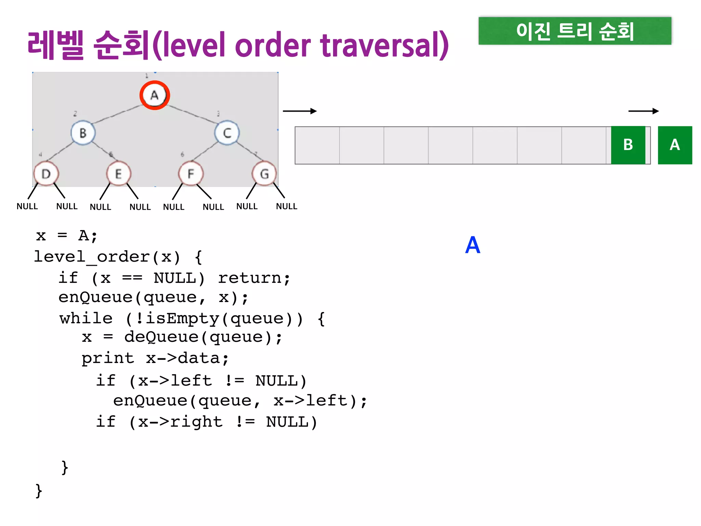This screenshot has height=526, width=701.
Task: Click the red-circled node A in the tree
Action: pos(155,95)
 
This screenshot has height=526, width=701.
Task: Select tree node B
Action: pos(83,133)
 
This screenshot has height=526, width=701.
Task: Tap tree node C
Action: pos(227,133)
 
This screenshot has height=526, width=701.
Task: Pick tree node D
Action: pos(46,174)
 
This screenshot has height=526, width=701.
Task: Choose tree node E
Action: pos(118,174)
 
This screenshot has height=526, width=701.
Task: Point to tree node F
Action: pos(191,174)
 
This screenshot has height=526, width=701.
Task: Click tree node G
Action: pos(264,174)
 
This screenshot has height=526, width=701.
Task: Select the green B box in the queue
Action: pos(628,145)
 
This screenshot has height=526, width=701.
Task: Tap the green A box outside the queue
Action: pos(675,145)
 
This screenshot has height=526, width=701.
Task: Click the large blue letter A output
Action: pos(473,245)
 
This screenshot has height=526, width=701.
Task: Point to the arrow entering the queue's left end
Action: pos(299,111)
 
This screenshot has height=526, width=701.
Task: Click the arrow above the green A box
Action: pos(643,111)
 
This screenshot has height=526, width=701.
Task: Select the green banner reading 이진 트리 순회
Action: pos(575,31)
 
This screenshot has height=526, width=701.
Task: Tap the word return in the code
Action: pos(254,278)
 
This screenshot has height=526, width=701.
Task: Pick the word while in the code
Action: pos(86,318)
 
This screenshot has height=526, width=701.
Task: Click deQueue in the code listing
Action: pos(161,337)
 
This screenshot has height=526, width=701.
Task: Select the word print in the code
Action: pos(108,358)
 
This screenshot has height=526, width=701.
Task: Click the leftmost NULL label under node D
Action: pos(27,206)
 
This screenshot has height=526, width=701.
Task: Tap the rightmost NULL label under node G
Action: pos(286,206)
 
